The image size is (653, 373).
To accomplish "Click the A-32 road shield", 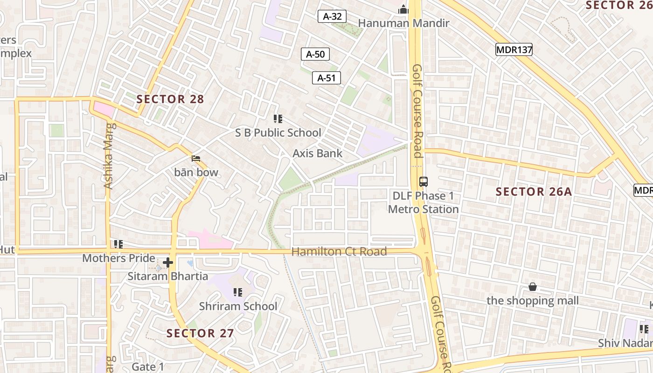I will (332, 16).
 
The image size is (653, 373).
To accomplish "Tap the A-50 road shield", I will (315, 54).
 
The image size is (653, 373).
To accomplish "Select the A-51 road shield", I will (326, 78).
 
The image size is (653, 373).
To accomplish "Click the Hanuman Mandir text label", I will (403, 23).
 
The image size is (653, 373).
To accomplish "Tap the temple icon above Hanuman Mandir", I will (403, 9).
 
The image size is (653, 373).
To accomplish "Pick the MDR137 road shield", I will (514, 49).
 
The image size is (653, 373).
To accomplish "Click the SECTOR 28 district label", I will (170, 99).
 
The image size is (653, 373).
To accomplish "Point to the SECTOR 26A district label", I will (534, 192).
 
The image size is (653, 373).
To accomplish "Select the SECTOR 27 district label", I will (200, 333).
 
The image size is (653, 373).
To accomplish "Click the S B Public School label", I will (278, 133).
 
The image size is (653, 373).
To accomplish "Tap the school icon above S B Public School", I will (278, 119).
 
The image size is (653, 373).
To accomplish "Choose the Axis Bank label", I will (317, 153).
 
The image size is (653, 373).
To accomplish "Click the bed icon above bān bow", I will (196, 159).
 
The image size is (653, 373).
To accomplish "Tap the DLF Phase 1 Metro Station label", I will (424, 202).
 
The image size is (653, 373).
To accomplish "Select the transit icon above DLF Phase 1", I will (424, 182).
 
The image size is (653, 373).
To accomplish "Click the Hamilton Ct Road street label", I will (339, 252).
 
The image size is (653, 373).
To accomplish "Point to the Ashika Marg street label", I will (108, 156).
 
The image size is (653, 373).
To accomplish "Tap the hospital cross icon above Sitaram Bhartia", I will (168, 262).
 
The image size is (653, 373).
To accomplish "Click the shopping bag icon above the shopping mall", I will (533, 287).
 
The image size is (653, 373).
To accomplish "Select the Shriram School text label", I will (238, 306).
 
